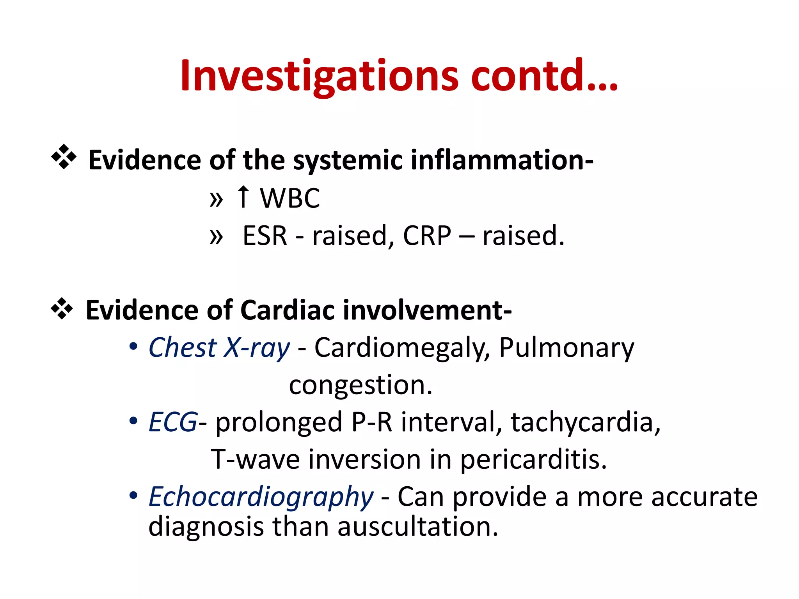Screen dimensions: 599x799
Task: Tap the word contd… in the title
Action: click(x=544, y=76)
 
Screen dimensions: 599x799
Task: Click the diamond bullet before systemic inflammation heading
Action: click(x=64, y=157)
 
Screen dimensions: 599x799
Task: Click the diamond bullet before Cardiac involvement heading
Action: click(x=62, y=308)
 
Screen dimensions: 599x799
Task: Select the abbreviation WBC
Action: click(x=290, y=198)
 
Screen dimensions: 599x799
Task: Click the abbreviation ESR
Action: click(x=265, y=236)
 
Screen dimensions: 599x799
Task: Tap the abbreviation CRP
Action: click(x=427, y=236)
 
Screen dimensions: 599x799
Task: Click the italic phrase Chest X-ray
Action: click(x=219, y=347)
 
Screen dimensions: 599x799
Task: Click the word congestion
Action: click(x=360, y=385)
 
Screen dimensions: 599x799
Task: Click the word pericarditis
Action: click(x=533, y=460)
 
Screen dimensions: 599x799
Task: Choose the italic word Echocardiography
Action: click(x=261, y=497)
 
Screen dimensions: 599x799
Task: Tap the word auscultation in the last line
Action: click(x=417, y=527)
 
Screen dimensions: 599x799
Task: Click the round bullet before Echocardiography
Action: click(x=133, y=495)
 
